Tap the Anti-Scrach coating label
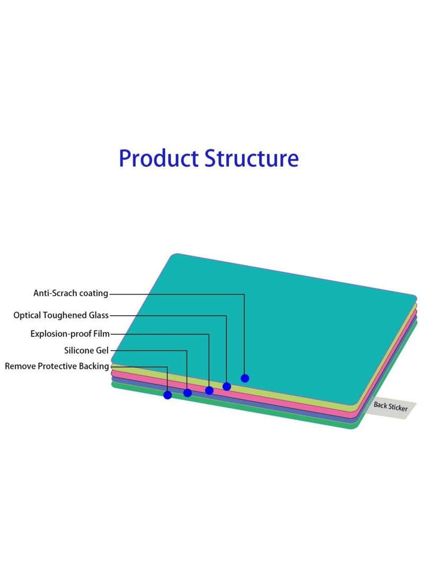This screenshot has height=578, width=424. [x=70, y=293]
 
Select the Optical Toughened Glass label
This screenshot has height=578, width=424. [x=61, y=315]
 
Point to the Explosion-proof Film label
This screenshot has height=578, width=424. [x=70, y=334]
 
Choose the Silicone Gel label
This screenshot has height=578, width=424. [x=86, y=350]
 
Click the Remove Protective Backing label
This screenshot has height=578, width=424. [x=57, y=366]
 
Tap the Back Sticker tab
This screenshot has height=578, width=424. [x=391, y=407]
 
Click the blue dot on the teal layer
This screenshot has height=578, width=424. [x=245, y=378]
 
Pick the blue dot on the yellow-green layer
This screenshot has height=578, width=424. [x=227, y=386]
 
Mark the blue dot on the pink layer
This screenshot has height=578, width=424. [x=209, y=390]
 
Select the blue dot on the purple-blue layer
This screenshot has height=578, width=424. [x=188, y=393]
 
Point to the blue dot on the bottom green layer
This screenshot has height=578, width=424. [x=168, y=395]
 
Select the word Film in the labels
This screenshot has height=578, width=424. [x=101, y=334]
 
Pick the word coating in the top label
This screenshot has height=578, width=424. [x=93, y=293]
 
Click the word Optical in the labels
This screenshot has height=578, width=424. [x=26, y=315]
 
